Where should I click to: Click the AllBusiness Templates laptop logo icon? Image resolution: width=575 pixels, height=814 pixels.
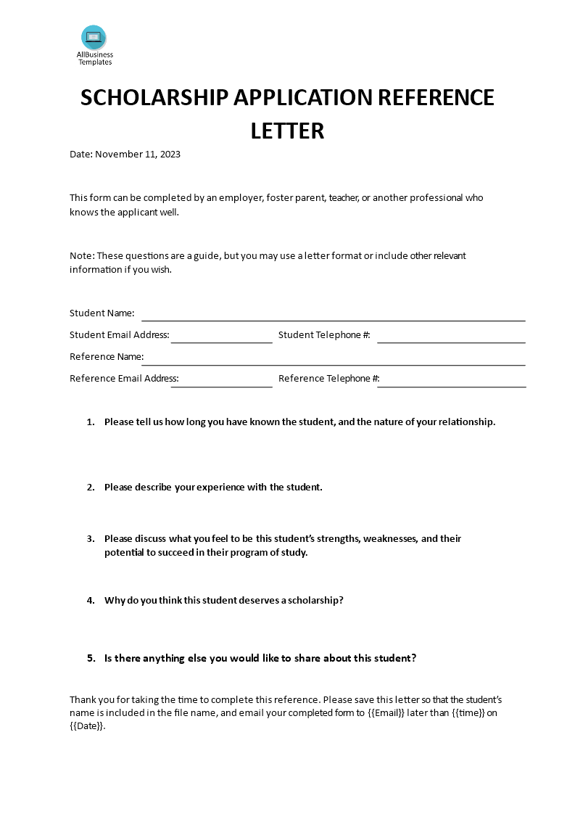tap(94, 38)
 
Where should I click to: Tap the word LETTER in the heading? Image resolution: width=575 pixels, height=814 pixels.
tap(287, 131)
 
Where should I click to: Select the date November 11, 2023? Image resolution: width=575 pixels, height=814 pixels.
tap(138, 154)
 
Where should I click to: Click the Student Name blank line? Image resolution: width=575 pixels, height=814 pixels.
tap(333, 319)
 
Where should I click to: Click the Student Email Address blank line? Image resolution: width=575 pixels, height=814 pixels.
tap(221, 342)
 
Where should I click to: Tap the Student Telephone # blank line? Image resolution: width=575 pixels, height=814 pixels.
tap(451, 342)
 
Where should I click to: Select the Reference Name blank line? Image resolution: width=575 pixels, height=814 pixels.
tap(337, 364)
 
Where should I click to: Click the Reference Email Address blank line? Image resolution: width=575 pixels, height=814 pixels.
tap(221, 386)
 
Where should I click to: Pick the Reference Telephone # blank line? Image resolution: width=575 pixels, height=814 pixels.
tap(451, 386)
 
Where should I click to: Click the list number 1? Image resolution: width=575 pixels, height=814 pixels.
tap(91, 422)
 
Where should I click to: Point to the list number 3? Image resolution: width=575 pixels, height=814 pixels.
tap(91, 538)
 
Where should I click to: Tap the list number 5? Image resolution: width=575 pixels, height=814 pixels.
tap(91, 658)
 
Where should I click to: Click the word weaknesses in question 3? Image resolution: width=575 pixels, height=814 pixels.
tap(390, 538)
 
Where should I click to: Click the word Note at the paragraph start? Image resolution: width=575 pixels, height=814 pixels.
tap(80, 255)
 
